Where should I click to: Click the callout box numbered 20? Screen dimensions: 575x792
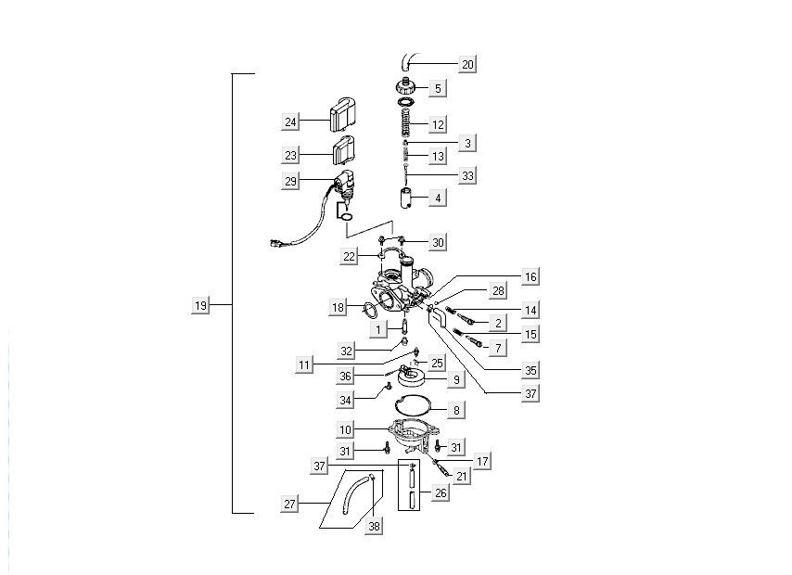467,64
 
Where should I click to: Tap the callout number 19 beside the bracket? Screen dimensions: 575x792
200,305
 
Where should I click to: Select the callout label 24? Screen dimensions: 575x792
291,121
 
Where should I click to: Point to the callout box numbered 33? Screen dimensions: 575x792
467,174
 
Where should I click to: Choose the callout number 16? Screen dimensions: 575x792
530,276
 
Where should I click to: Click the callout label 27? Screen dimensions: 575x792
291,504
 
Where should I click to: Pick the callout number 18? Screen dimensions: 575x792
339,306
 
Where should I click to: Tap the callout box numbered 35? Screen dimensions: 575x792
530,370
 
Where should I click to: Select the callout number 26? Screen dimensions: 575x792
441,492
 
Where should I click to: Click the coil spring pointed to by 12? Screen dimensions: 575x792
405,121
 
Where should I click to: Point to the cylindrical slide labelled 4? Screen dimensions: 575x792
404,197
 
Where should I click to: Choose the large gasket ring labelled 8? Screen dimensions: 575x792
409,405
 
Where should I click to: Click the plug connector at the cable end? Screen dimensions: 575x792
275,245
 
